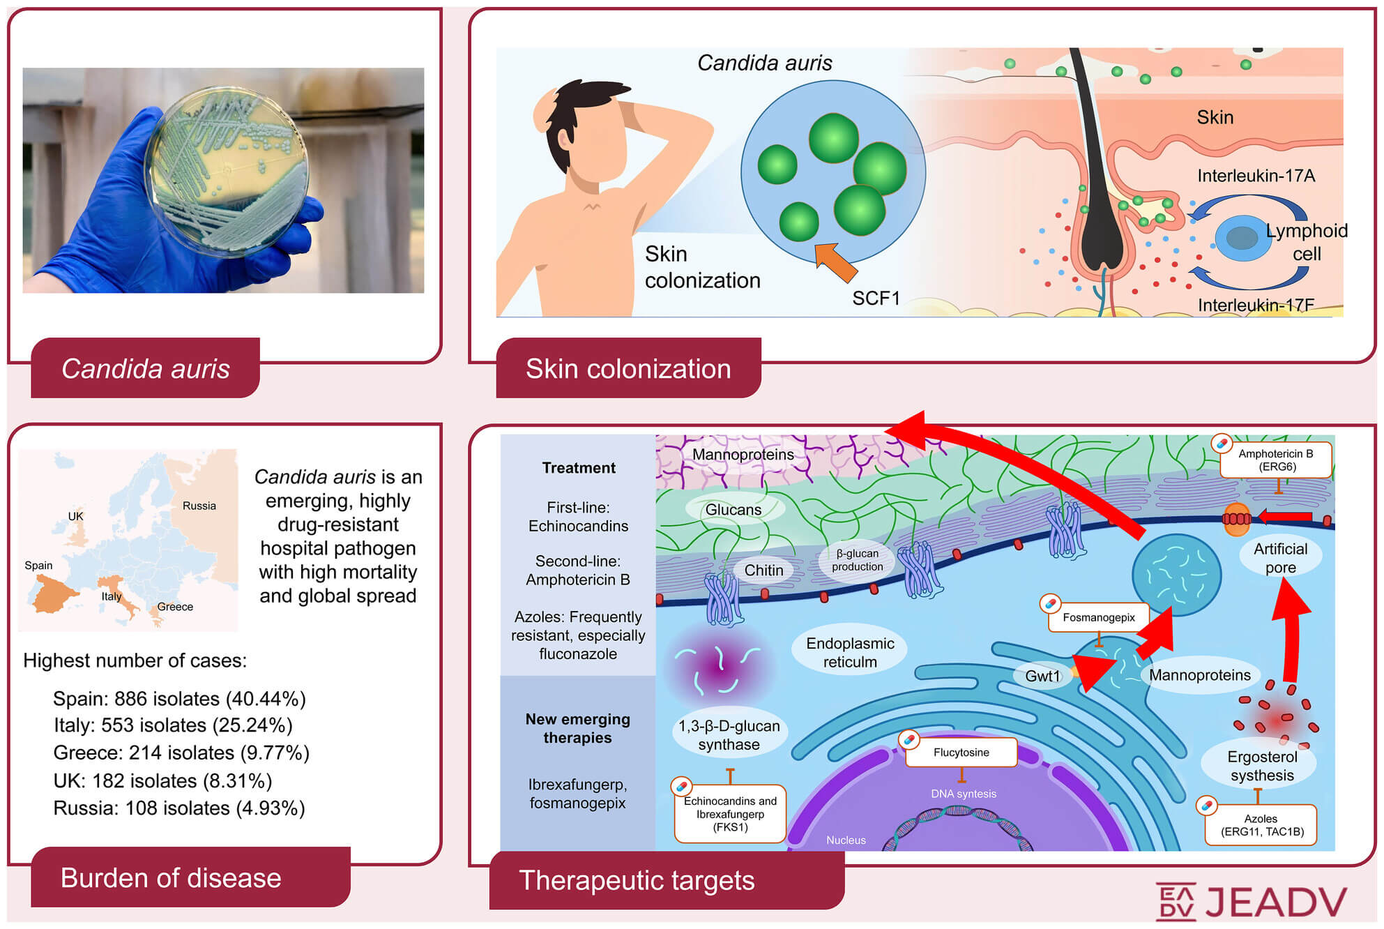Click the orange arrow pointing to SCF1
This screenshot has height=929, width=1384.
836,262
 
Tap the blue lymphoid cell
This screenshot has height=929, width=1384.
1243,238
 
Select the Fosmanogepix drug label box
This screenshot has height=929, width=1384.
1098,617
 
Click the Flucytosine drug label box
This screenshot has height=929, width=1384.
961,752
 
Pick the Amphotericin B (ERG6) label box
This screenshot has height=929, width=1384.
1276,460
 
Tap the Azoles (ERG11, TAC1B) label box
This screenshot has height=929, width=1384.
1261,824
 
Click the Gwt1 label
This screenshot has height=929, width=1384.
1042,675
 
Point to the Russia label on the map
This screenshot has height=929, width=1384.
199,506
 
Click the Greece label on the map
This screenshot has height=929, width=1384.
175,607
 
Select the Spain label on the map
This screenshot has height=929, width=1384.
38,566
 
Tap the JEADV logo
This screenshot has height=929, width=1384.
1252,902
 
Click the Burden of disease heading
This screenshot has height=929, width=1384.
171,877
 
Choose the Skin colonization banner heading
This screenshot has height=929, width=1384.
628,368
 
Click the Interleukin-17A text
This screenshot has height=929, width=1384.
1256,176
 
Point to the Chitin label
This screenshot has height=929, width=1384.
763,570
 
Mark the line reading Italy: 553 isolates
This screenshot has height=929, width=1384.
173,725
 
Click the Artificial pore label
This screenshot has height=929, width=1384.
1280,558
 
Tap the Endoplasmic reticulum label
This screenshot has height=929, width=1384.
850,652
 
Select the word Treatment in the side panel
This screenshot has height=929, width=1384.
579,468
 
